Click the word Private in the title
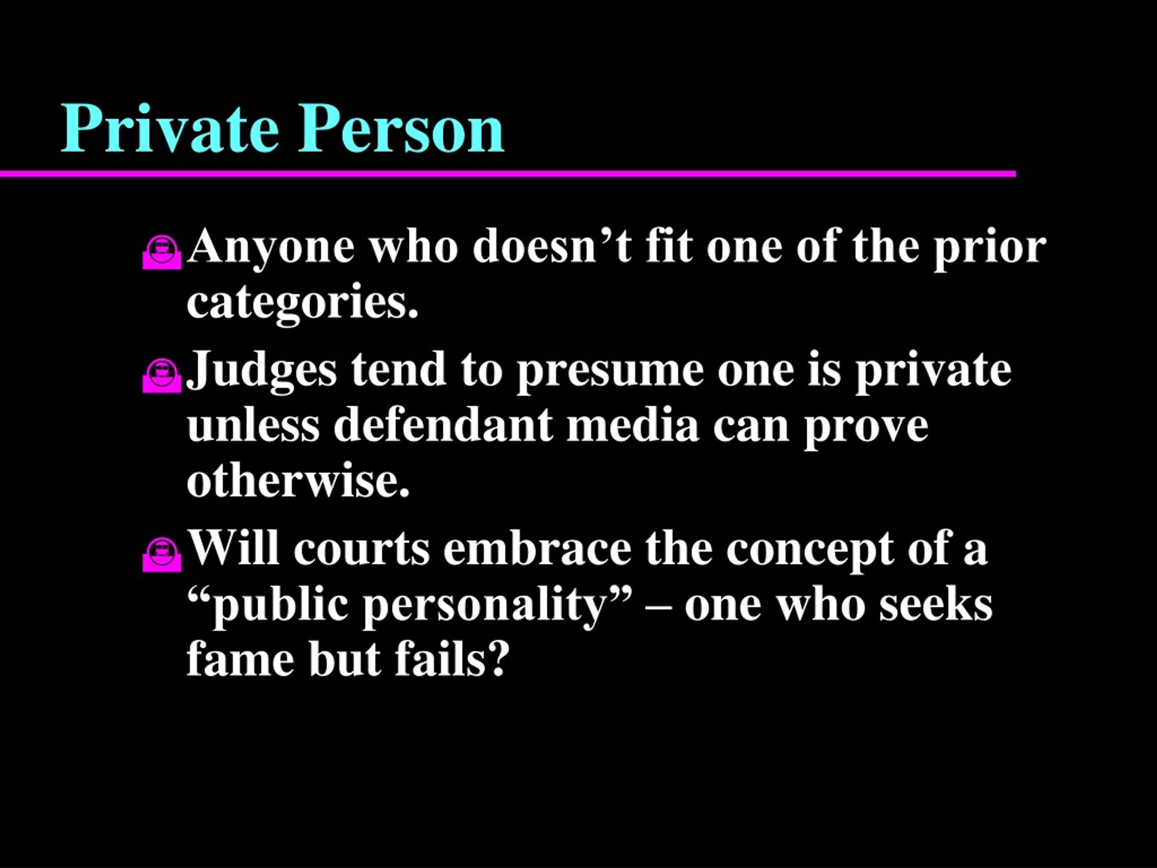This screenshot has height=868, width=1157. pyautogui.click(x=170, y=128)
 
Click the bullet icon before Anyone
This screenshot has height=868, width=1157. pyautogui.click(x=162, y=253)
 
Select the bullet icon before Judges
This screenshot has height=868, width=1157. pyautogui.click(x=162, y=375)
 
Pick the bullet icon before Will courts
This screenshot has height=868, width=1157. pyautogui.click(x=162, y=555)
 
